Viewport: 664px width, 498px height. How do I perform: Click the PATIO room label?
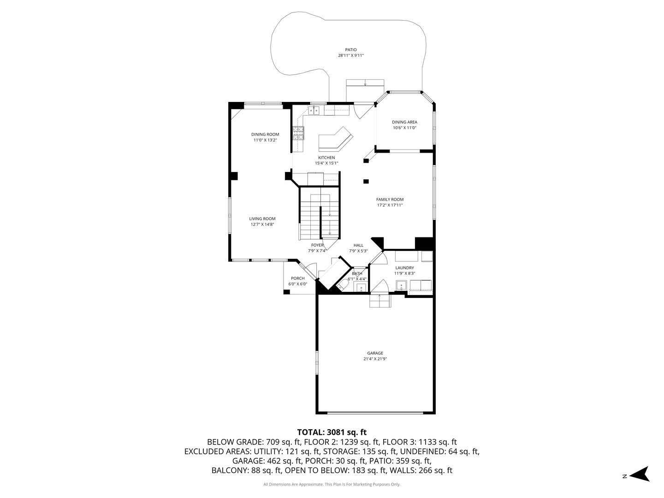(x=351, y=50)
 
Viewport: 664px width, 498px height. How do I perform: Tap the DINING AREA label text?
(x=404, y=122)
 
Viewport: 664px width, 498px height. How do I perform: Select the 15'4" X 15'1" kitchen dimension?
(x=326, y=163)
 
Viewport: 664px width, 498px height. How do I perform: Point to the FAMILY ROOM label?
(x=390, y=200)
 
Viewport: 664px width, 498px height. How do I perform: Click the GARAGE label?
(x=375, y=353)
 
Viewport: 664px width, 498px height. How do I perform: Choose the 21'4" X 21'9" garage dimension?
(x=375, y=359)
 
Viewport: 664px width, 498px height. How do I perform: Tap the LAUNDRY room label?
(x=404, y=268)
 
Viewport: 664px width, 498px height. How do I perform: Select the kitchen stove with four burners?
(x=298, y=133)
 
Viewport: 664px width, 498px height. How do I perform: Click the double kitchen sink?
(x=314, y=111)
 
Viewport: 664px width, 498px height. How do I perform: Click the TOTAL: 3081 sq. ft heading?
(x=332, y=432)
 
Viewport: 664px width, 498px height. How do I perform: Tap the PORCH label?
(x=298, y=279)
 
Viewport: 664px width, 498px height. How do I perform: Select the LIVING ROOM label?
(x=262, y=219)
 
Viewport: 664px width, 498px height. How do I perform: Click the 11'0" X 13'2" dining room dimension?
(x=265, y=140)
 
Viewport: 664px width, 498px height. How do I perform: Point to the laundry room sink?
(x=402, y=285)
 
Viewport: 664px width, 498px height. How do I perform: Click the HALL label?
(x=358, y=245)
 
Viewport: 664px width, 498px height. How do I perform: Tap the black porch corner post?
(x=286, y=292)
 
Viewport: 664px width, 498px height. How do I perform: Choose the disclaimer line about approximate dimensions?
(x=332, y=484)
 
